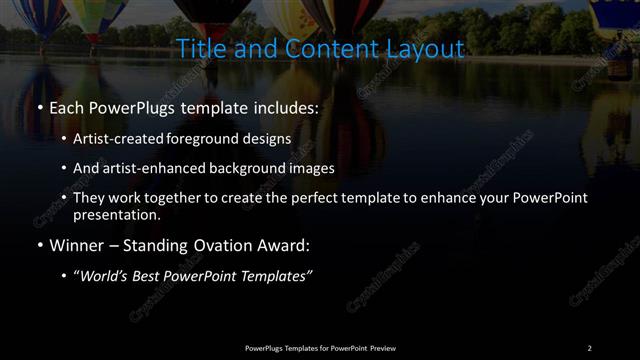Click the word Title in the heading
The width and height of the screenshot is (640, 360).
pos(198,48)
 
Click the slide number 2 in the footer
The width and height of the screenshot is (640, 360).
pos(589,347)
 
